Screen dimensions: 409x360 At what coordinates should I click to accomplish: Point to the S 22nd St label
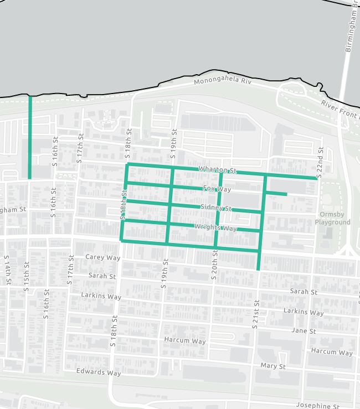tap(320, 160)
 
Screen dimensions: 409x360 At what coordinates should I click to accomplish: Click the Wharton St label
tap(218, 169)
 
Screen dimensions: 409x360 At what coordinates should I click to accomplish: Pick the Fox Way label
tap(217, 189)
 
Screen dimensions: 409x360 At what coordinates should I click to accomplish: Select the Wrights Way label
tap(215, 227)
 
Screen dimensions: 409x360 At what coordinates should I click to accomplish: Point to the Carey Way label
tap(103, 257)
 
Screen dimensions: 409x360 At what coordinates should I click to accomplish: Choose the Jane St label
tap(303, 331)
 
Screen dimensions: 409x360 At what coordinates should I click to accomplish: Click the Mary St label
tap(273, 366)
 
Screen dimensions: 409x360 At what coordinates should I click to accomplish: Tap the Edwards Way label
tap(99, 372)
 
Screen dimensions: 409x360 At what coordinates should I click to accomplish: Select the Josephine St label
tap(317, 406)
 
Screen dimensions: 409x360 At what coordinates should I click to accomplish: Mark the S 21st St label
tap(256, 314)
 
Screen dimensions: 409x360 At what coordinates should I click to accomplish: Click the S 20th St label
tap(214, 266)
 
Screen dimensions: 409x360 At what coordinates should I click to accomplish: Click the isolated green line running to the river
tap(30, 138)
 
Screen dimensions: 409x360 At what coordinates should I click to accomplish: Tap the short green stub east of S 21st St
tap(276, 194)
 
